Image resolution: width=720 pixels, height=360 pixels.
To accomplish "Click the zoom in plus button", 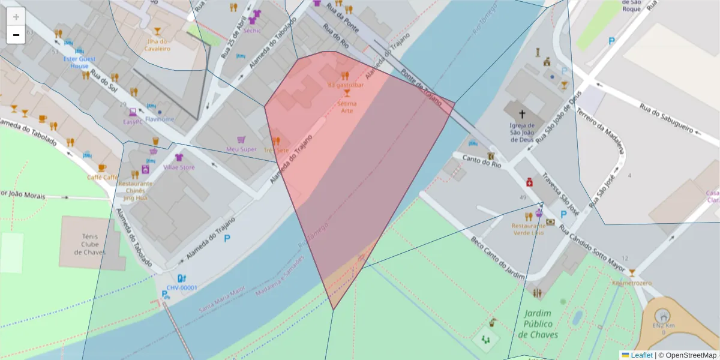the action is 16,17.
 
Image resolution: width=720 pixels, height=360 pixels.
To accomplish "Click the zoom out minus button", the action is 16,35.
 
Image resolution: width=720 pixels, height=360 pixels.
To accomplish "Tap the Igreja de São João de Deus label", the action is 522,133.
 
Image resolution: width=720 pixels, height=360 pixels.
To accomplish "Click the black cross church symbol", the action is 522,113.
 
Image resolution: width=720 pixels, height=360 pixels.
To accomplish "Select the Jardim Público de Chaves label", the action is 538,324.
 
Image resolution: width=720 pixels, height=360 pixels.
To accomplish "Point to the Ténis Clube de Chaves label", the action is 90,244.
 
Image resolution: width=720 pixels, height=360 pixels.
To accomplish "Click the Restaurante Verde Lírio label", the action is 528,229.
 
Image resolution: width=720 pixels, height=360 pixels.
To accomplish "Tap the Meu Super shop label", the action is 241,149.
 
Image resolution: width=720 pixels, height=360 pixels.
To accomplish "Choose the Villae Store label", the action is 179,167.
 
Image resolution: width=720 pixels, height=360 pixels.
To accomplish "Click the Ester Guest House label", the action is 79,62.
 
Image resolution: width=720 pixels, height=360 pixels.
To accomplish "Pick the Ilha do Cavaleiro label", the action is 157,45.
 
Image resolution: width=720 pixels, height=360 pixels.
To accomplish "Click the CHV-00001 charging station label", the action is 182,287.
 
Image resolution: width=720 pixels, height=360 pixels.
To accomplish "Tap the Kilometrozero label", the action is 631,283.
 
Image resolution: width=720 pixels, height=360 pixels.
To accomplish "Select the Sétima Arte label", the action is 347,107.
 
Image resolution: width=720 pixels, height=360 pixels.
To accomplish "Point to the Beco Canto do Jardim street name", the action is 497,255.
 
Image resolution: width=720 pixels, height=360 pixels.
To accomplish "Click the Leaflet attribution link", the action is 641,355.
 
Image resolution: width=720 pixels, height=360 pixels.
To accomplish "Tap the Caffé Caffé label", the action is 102,178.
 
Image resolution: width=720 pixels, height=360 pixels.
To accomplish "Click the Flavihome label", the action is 160,119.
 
